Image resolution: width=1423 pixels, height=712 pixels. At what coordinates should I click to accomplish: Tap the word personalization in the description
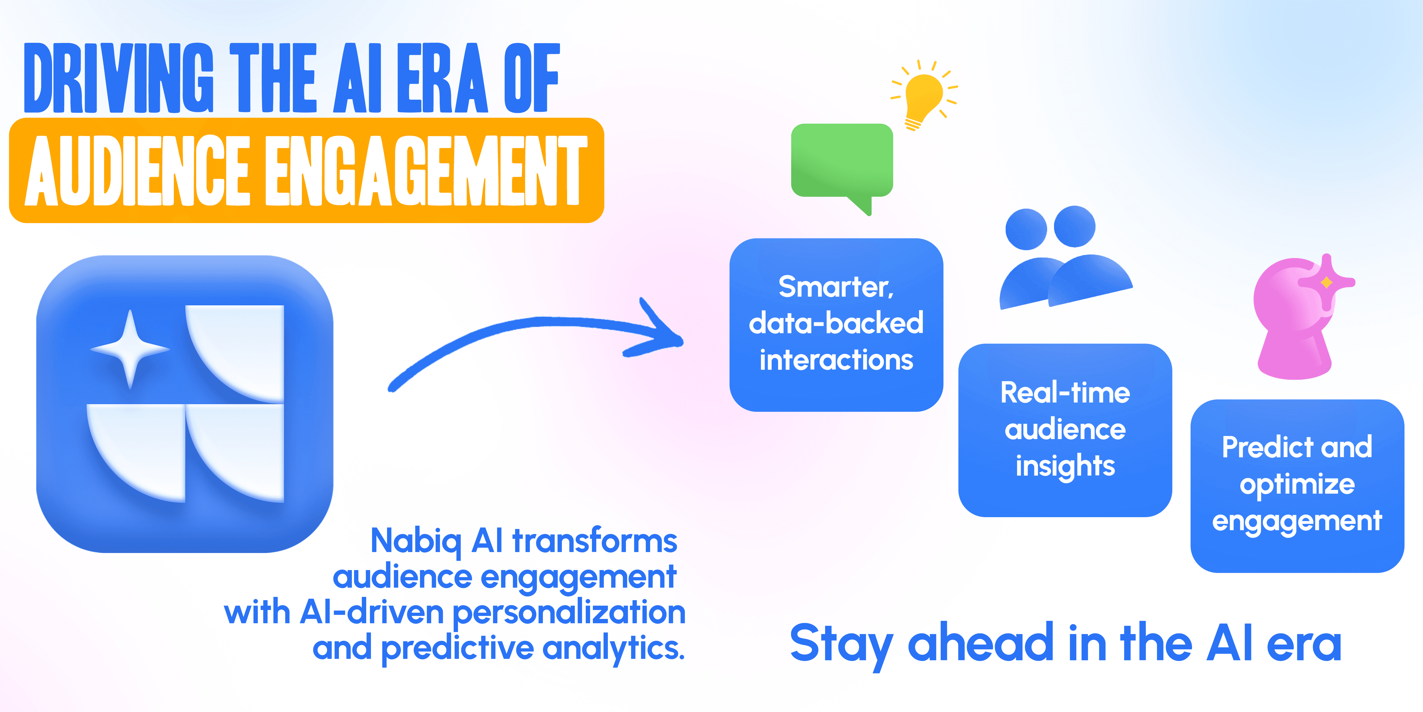[569, 614]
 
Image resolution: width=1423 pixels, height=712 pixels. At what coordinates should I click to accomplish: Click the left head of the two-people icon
[1026, 229]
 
